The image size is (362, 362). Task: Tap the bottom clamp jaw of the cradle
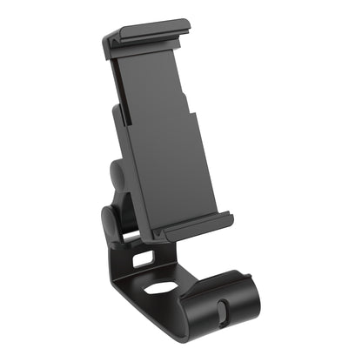[x=196, y=228]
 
